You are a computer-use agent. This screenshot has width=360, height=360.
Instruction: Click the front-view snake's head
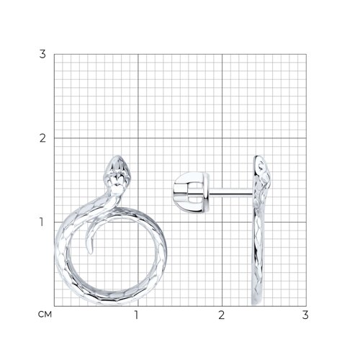click(117, 174)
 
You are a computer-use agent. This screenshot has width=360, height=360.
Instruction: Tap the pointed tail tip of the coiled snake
click(89, 253)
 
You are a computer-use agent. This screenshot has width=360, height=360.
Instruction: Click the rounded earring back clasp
click(192, 192)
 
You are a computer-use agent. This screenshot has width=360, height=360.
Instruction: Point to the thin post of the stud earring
click(231, 192)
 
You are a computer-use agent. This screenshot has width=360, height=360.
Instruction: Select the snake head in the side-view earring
click(261, 171)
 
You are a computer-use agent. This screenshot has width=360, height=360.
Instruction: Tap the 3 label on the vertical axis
click(42, 54)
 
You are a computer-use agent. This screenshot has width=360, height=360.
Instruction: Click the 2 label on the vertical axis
click(42, 138)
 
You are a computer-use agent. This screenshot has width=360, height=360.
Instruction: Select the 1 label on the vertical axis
click(42, 222)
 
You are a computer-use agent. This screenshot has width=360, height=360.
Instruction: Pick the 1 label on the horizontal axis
click(137, 315)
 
